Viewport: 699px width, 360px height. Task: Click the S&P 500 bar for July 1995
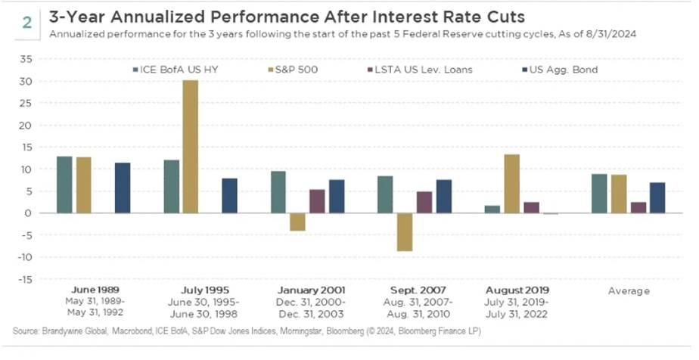point(191,147)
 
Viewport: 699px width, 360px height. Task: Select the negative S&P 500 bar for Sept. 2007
point(404,232)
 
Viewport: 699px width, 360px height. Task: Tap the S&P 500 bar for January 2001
point(297,222)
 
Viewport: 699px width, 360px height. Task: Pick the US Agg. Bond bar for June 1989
point(123,188)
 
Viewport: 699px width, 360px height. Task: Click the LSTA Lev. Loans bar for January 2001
point(317,201)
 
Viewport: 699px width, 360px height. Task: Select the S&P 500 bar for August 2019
point(511,184)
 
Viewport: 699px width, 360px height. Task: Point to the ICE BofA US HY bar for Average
point(598,194)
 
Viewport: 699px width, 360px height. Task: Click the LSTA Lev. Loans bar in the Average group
point(638,208)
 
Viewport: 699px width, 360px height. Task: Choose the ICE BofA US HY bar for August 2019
point(492,209)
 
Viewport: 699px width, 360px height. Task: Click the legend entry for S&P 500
point(293,70)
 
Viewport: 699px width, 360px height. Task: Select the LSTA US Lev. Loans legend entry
point(420,70)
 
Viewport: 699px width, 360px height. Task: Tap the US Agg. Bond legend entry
point(560,70)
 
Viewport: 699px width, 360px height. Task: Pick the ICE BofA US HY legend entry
point(176,70)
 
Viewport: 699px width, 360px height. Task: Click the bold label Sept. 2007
point(418,291)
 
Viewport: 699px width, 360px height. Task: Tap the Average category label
point(629,291)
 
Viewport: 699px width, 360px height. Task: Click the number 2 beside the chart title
point(26,23)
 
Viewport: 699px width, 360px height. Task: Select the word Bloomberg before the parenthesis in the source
point(341,331)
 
